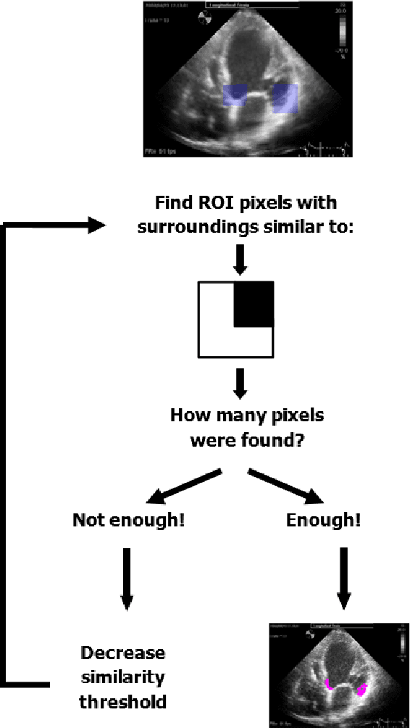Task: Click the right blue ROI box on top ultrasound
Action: [285, 99]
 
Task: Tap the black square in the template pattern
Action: [253, 304]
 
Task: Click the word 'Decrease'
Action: [123, 653]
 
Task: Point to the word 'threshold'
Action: [123, 702]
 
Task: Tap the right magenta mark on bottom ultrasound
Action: [361, 689]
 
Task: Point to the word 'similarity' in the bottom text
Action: [123, 677]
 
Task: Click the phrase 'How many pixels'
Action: [247, 415]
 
